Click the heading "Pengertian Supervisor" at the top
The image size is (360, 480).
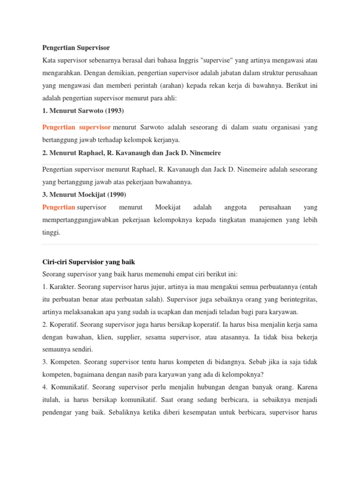click(76, 48)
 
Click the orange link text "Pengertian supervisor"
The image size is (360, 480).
click(76, 127)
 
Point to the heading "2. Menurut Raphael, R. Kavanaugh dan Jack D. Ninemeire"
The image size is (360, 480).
click(131, 153)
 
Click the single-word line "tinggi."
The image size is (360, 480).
click(52, 232)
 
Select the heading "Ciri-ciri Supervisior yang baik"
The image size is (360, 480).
click(89, 262)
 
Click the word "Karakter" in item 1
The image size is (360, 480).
click(61, 286)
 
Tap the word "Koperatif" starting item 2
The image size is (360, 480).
click(63, 324)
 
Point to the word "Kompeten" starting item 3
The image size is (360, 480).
click(63, 362)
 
